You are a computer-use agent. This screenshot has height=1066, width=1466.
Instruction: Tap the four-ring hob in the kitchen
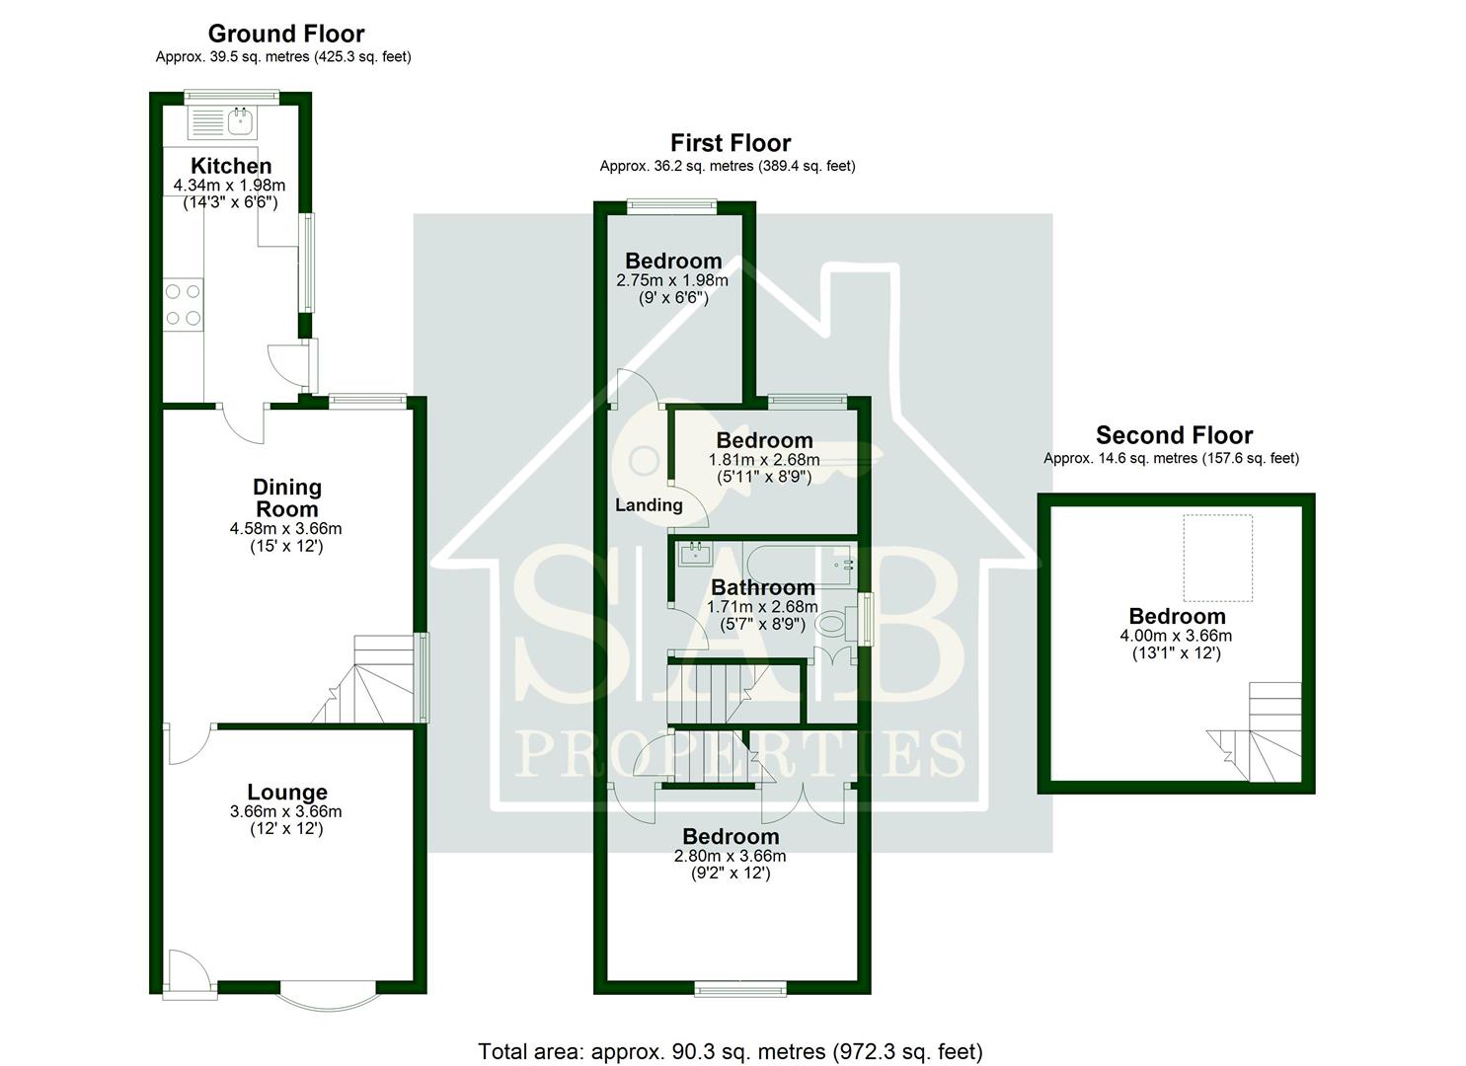coord(183,304)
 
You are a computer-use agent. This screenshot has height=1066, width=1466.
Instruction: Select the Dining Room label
coord(286,497)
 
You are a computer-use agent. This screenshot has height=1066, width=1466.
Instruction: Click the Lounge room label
coord(286,792)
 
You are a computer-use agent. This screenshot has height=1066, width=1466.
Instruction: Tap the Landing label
coord(649,505)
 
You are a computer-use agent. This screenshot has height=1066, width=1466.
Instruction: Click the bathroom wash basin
coord(696,554)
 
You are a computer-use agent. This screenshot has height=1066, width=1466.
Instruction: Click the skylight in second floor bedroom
coord(1218,558)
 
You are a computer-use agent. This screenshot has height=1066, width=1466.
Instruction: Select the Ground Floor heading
coord(285,34)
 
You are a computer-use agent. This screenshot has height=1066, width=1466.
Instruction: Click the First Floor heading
coord(731,143)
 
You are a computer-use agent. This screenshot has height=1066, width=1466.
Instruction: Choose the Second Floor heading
coord(1174,435)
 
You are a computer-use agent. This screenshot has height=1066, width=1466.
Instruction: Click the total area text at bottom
coord(731,1051)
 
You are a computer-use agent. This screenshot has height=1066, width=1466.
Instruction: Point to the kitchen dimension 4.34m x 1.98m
coord(229,186)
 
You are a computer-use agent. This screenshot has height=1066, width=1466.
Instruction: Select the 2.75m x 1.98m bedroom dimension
coord(672,280)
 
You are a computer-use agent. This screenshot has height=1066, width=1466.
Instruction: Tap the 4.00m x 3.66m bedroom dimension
coord(1176,636)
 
